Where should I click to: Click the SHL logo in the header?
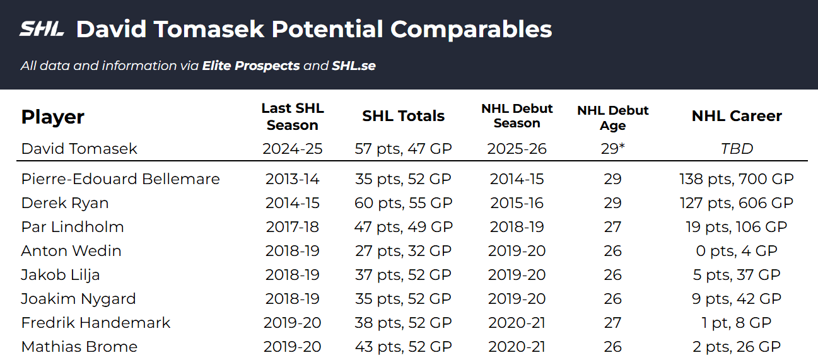[42, 29]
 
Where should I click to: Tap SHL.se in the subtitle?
[354, 66]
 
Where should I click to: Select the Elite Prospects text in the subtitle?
[251, 66]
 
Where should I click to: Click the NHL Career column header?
[737, 116]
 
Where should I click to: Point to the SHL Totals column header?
[404, 116]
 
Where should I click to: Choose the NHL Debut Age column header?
[612, 118]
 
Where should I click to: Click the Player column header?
[53, 117]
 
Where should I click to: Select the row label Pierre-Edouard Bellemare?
[120, 179]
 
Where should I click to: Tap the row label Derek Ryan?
[65, 203]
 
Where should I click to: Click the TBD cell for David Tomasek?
[737, 149]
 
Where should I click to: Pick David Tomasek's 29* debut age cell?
[612, 149]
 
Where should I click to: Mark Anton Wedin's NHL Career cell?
[737, 251]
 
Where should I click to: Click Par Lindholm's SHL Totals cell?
[404, 227]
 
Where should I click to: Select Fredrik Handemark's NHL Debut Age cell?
[612, 323]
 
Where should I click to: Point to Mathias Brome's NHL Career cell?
[737, 347]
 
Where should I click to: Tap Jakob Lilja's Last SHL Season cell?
[292, 275]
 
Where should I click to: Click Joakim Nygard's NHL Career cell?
[737, 299]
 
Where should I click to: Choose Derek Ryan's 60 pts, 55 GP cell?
[404, 203]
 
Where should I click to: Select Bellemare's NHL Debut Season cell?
[517, 179]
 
